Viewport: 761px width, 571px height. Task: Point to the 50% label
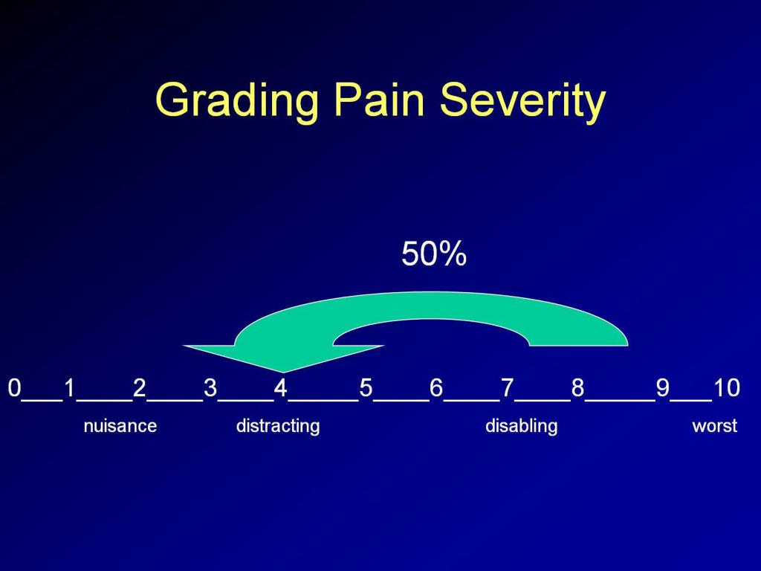(x=434, y=254)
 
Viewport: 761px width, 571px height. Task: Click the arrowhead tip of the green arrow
(x=283, y=370)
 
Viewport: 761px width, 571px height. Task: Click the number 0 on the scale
(x=14, y=387)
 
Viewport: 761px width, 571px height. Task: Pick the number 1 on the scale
(x=69, y=387)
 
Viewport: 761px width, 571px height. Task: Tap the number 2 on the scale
(x=139, y=387)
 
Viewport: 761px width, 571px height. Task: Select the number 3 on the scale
(x=210, y=387)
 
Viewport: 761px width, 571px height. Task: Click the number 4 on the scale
(x=280, y=387)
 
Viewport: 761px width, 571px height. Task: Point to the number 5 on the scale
(x=366, y=387)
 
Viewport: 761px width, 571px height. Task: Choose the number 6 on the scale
(x=436, y=387)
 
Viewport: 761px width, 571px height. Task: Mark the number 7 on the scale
(x=507, y=387)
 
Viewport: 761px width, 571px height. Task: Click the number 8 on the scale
(x=577, y=387)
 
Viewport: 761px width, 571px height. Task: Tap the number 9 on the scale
(x=662, y=387)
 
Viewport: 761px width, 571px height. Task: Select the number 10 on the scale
(x=726, y=387)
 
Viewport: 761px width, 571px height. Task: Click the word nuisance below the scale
(x=120, y=426)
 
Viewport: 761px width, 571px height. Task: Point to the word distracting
(x=278, y=426)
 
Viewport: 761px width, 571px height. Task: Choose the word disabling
(x=521, y=426)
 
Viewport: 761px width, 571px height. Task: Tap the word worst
(x=714, y=426)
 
